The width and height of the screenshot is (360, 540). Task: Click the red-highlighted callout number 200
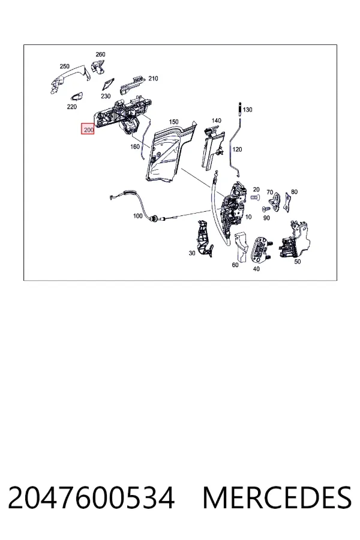pos(88,130)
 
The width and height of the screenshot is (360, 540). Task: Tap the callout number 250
pos(64,66)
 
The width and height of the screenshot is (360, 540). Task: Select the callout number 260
pos(100,55)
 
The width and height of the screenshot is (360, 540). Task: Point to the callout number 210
pos(153,79)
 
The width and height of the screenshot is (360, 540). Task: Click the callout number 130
pos(247,110)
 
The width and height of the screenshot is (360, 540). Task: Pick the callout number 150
pos(173,122)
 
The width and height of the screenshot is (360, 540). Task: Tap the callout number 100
pos(138,216)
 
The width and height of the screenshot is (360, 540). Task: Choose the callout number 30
pos(192,253)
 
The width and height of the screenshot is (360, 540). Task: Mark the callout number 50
pos(298,262)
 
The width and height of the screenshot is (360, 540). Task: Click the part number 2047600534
pos(91,498)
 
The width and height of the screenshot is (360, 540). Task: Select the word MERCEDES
pos(277,498)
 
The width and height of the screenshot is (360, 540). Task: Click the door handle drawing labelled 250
pos(69,80)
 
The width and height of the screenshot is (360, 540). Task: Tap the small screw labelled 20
pos(254,197)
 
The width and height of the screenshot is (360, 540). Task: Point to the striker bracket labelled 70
pos(275,202)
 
